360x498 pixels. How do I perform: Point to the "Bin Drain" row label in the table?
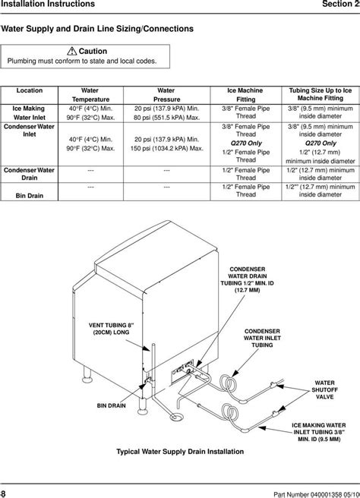(29, 195)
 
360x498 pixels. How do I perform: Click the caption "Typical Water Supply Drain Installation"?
(183, 450)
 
